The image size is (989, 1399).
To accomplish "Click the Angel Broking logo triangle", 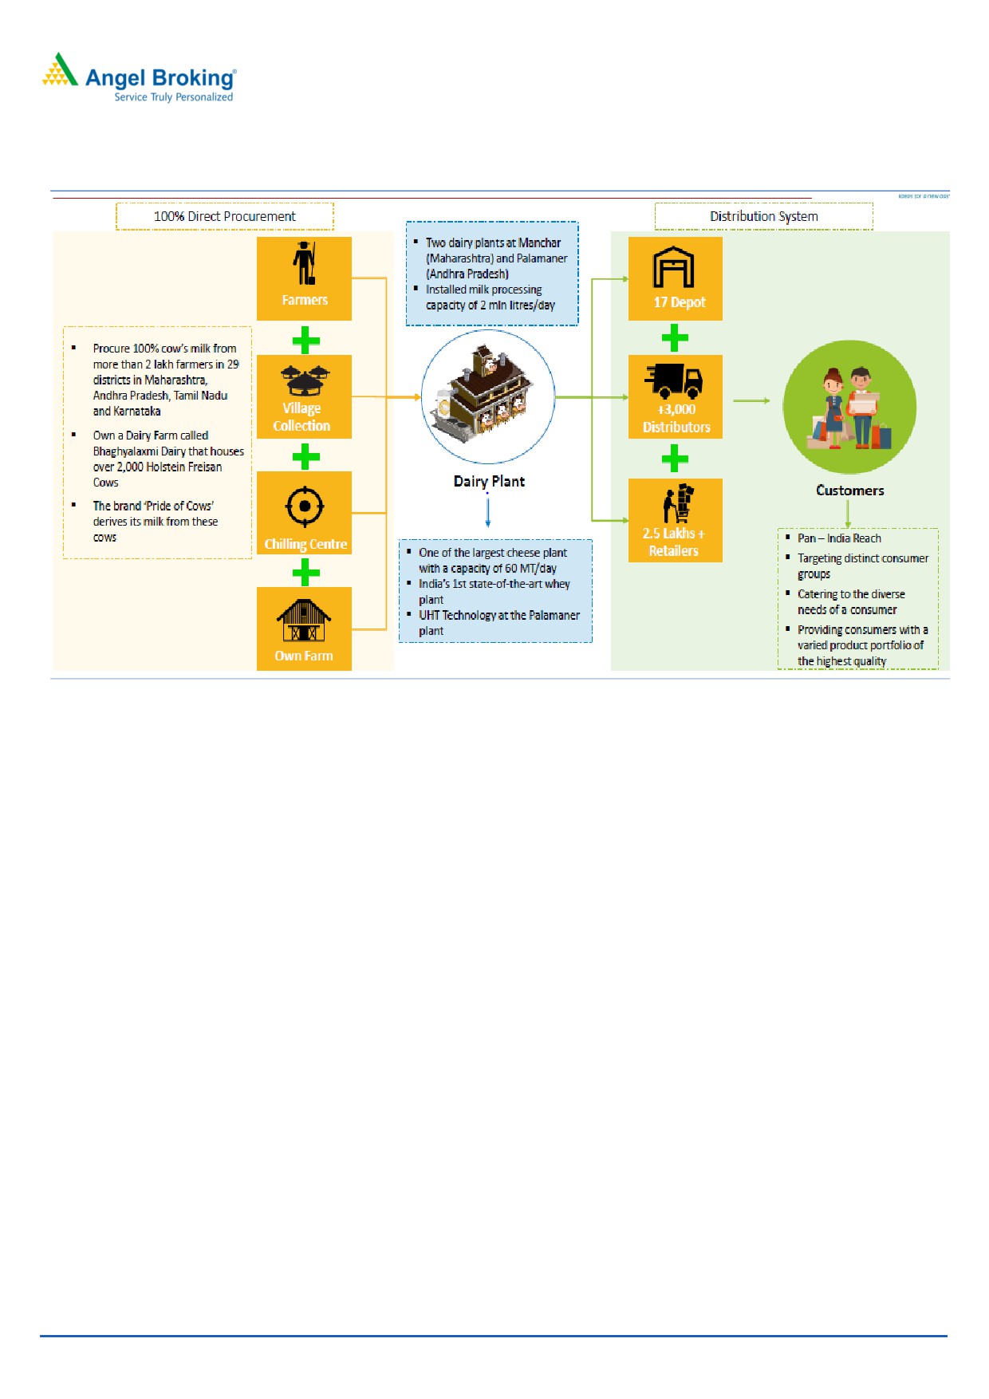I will [x=60, y=70].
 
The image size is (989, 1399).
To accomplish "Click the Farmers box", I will [x=304, y=278].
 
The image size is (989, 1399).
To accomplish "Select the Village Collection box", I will [x=304, y=396].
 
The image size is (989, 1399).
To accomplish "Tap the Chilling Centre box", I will [x=304, y=513].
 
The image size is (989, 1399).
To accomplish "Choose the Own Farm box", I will [x=304, y=629].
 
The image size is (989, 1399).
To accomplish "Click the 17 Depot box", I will [x=675, y=278].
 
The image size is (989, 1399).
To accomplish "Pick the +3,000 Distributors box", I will [x=675, y=396].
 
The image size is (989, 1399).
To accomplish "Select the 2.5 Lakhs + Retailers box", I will [x=675, y=520].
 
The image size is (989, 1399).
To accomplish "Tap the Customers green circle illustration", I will [x=849, y=407].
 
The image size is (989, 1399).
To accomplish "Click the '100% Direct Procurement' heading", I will [x=224, y=216].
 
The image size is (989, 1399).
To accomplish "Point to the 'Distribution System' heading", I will [x=763, y=216].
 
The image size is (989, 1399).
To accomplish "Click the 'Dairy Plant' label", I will [x=489, y=481].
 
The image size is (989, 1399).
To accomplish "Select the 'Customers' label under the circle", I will [x=849, y=491].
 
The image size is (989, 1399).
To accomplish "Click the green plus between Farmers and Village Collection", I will [x=305, y=341].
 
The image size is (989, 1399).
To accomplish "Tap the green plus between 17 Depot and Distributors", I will [x=675, y=338].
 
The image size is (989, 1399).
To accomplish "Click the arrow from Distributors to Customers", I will [x=751, y=400].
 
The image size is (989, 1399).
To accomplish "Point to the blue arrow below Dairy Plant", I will [x=487, y=510].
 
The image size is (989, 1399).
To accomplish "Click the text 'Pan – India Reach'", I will [x=839, y=538].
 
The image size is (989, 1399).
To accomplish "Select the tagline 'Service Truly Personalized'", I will [x=173, y=97].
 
